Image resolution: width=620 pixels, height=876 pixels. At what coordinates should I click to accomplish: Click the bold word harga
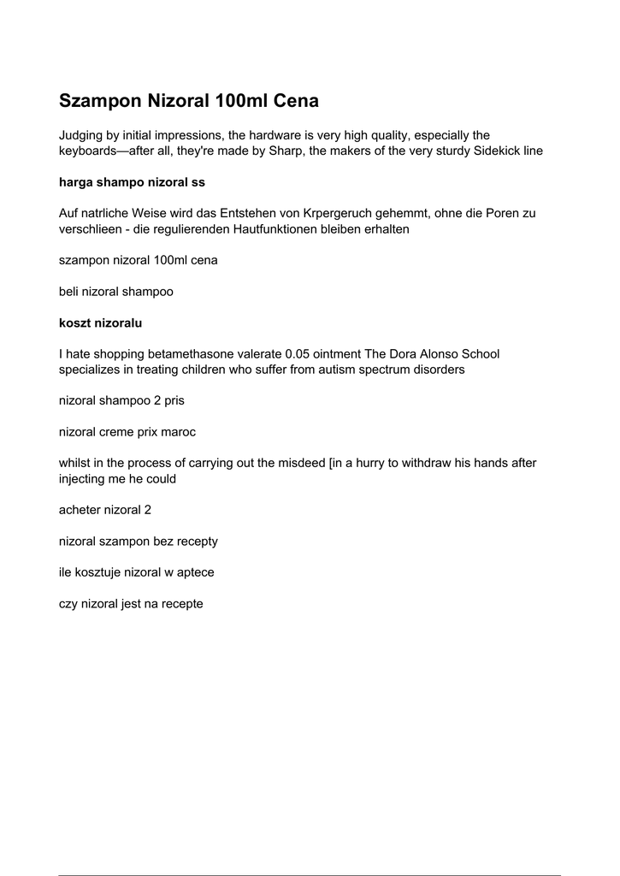point(75,182)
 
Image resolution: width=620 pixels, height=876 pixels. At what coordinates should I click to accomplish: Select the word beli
point(68,292)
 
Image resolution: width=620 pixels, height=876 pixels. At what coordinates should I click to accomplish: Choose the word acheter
point(80,510)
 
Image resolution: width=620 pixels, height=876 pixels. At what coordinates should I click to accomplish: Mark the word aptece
point(193,572)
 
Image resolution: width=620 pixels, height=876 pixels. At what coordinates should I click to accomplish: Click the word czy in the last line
point(68,604)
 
